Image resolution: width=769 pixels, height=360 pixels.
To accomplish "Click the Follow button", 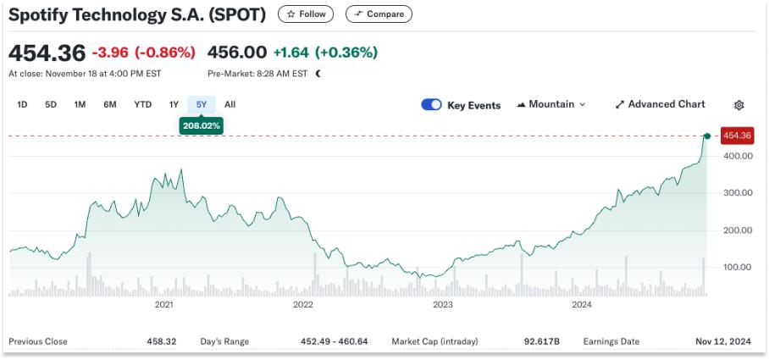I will [x=306, y=14].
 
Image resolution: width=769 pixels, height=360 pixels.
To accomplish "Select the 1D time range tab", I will [x=23, y=105].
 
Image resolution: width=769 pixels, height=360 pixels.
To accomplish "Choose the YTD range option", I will [x=142, y=105].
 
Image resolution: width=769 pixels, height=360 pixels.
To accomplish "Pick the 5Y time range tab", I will [x=202, y=105].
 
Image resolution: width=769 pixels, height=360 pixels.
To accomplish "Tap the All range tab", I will [x=230, y=105].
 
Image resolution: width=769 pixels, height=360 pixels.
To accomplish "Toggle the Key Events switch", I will [x=431, y=105].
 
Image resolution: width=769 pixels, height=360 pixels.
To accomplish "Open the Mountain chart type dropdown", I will [x=550, y=105].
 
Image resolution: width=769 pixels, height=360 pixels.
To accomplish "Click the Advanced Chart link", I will [x=660, y=105].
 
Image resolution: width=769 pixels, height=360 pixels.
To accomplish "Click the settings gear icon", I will [x=739, y=105].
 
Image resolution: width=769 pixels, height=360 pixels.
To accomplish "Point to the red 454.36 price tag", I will [x=737, y=136].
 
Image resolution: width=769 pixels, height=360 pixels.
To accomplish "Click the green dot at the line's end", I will [x=706, y=136].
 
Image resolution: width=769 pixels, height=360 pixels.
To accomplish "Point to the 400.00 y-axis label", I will [x=737, y=156].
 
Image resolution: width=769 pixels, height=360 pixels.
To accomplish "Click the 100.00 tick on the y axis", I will [x=737, y=267].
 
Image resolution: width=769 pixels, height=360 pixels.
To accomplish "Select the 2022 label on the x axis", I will [x=302, y=304].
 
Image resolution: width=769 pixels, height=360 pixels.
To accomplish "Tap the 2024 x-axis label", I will [x=581, y=304].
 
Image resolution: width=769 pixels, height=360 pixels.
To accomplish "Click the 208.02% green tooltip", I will [x=202, y=125].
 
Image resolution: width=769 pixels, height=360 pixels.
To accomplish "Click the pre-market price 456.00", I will [x=242, y=53].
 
